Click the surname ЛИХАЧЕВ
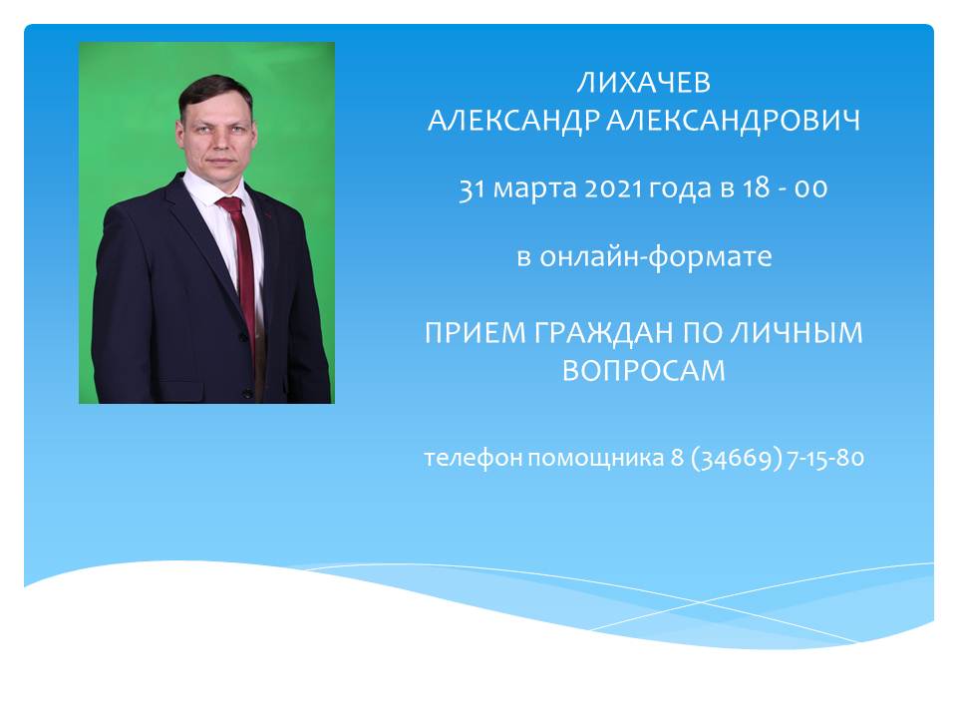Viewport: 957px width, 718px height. tap(644, 83)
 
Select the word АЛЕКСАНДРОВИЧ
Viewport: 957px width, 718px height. tap(733, 121)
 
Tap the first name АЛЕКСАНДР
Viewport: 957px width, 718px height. tap(514, 121)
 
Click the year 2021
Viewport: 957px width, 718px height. tap(613, 188)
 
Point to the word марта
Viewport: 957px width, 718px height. tap(534, 189)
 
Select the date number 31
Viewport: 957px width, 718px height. tap(472, 188)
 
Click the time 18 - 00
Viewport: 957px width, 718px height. tap(785, 188)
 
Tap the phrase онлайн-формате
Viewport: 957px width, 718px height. tap(656, 256)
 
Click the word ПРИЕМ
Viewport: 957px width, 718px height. tap(475, 333)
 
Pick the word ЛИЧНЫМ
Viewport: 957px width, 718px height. tap(797, 333)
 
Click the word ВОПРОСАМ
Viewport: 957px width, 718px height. tap(644, 371)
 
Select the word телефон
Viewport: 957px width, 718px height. tap(473, 458)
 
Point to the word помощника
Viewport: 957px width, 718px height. tap(596, 459)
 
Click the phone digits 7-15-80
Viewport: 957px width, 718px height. tap(825, 458)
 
